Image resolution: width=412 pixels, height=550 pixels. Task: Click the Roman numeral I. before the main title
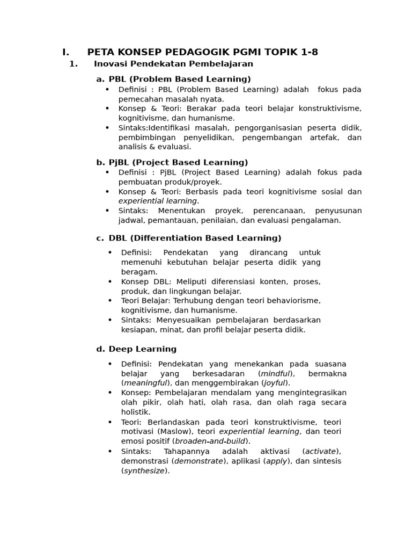[x=65, y=52]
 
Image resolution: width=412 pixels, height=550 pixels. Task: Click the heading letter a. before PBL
[x=100, y=79]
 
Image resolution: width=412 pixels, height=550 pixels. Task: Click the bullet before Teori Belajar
[x=110, y=301]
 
